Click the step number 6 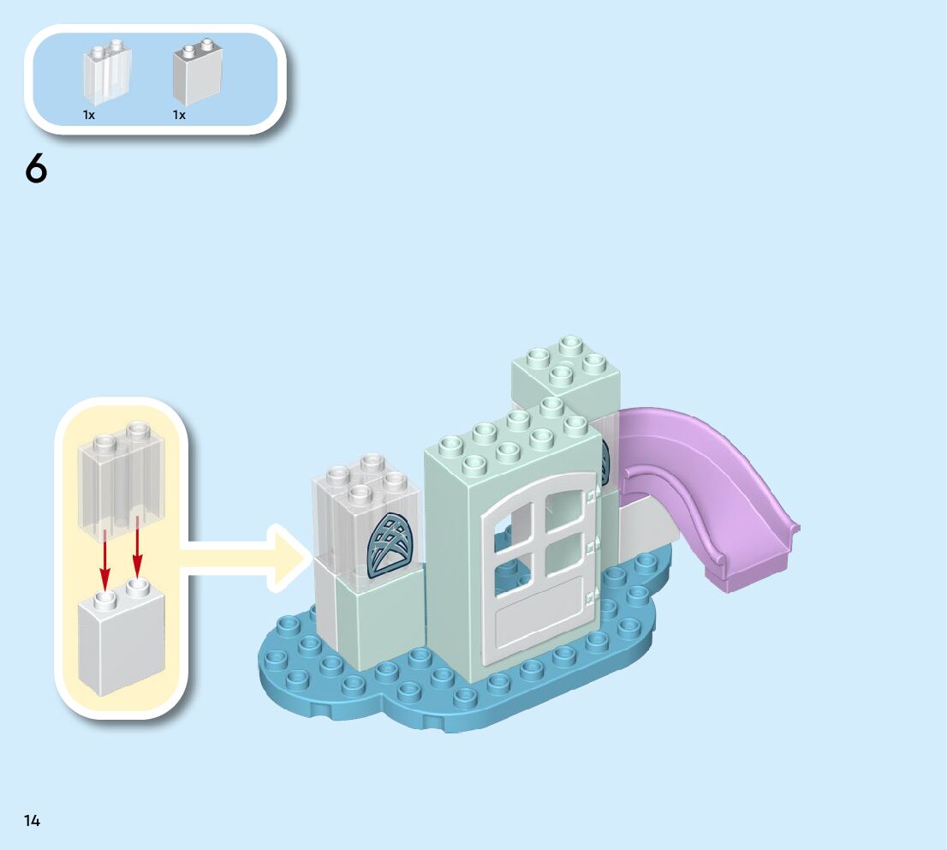tap(36, 169)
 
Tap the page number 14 tap(32, 821)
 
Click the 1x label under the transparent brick tap(89, 115)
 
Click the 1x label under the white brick tap(179, 115)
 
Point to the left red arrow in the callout tap(105, 558)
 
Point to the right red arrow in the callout tap(136, 558)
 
